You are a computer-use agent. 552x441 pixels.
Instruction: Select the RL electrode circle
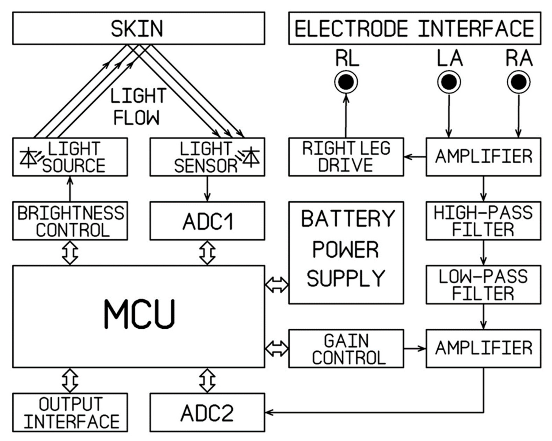346,82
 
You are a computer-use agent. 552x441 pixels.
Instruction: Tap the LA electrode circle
449,82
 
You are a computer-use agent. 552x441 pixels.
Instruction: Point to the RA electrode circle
519,82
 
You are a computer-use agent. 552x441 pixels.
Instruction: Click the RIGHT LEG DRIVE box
346,157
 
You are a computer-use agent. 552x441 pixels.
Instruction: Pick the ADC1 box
207,221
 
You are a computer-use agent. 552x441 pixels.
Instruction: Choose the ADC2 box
207,412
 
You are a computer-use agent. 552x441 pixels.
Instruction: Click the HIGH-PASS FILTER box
483,221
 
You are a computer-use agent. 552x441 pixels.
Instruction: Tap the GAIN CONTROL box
346,349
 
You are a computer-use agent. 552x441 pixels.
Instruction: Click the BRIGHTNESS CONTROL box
70,221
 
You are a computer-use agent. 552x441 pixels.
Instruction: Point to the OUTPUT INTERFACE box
70,412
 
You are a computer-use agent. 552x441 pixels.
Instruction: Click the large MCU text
140,314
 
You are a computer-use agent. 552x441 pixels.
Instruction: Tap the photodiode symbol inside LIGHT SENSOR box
251,157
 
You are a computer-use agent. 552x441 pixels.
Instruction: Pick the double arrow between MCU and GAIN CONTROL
277,349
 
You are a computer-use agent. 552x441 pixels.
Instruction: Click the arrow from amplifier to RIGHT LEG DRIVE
415,157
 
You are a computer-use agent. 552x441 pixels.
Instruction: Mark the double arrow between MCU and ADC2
207,381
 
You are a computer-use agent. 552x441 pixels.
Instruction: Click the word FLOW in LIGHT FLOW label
136,118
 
